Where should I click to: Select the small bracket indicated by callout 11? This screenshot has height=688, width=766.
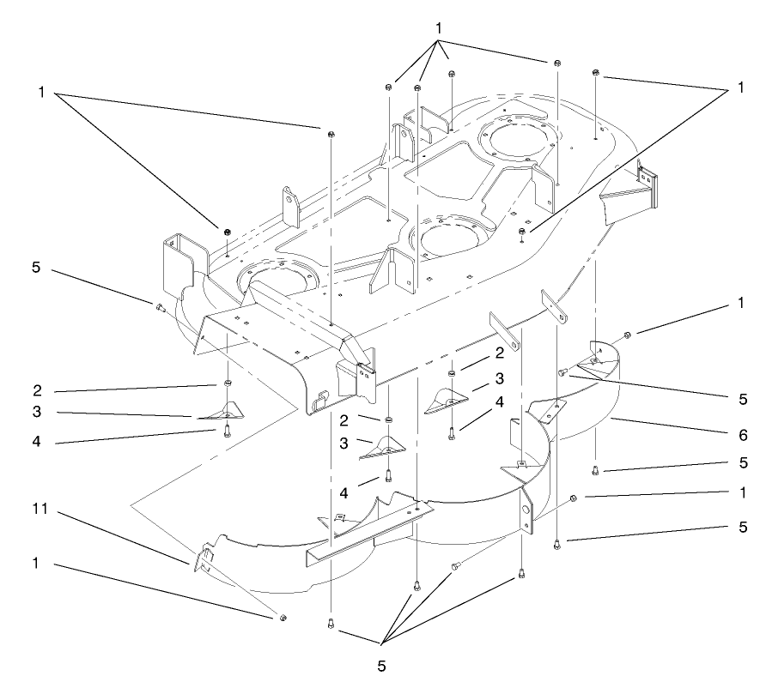pyautogui.click(x=203, y=559)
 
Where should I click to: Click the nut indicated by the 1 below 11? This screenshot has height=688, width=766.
pyautogui.click(x=283, y=618)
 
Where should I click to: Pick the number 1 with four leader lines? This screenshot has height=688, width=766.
pyautogui.click(x=439, y=28)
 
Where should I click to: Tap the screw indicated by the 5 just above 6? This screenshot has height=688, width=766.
pyautogui.click(x=563, y=371)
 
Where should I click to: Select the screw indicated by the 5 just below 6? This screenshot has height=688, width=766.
pyautogui.click(x=595, y=469)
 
